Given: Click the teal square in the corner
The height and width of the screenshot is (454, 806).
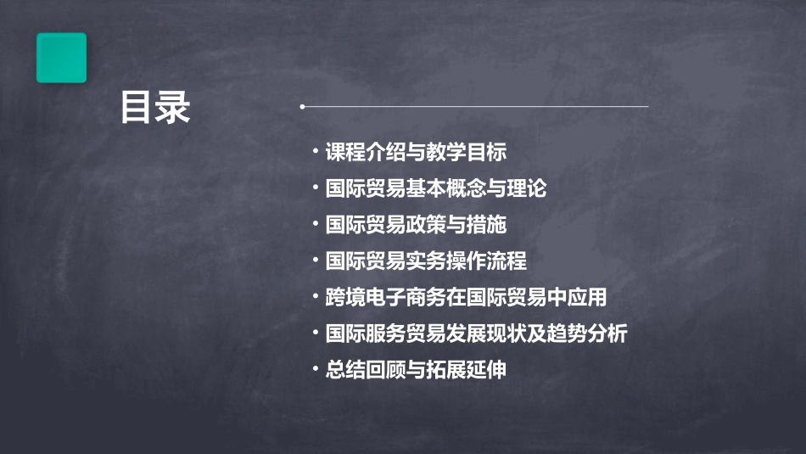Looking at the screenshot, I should tap(61, 58).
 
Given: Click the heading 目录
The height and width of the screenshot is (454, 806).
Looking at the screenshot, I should tap(155, 108).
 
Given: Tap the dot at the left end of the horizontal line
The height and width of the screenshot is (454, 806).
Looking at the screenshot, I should tap(302, 107).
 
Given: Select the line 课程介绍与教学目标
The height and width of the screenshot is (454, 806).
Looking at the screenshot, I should tap(416, 153).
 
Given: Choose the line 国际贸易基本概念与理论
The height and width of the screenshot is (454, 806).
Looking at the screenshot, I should tap(436, 188).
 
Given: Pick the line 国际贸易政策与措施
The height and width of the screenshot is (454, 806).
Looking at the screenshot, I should tap(416, 225).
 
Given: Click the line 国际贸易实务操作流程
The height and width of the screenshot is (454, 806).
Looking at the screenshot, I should tap(426, 261).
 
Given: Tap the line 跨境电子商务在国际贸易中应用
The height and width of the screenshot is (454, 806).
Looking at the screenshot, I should tap(466, 298).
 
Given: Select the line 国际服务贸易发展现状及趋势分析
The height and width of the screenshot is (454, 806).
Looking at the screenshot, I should tap(476, 334).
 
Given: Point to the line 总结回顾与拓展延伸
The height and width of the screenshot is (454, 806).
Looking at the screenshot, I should tap(416, 371).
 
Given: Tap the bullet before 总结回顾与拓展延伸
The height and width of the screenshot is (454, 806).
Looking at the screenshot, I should tap(316, 370).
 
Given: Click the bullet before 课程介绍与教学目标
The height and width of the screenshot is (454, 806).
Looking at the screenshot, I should tap(316, 152).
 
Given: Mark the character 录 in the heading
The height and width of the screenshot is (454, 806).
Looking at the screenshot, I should tap(173, 108).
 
